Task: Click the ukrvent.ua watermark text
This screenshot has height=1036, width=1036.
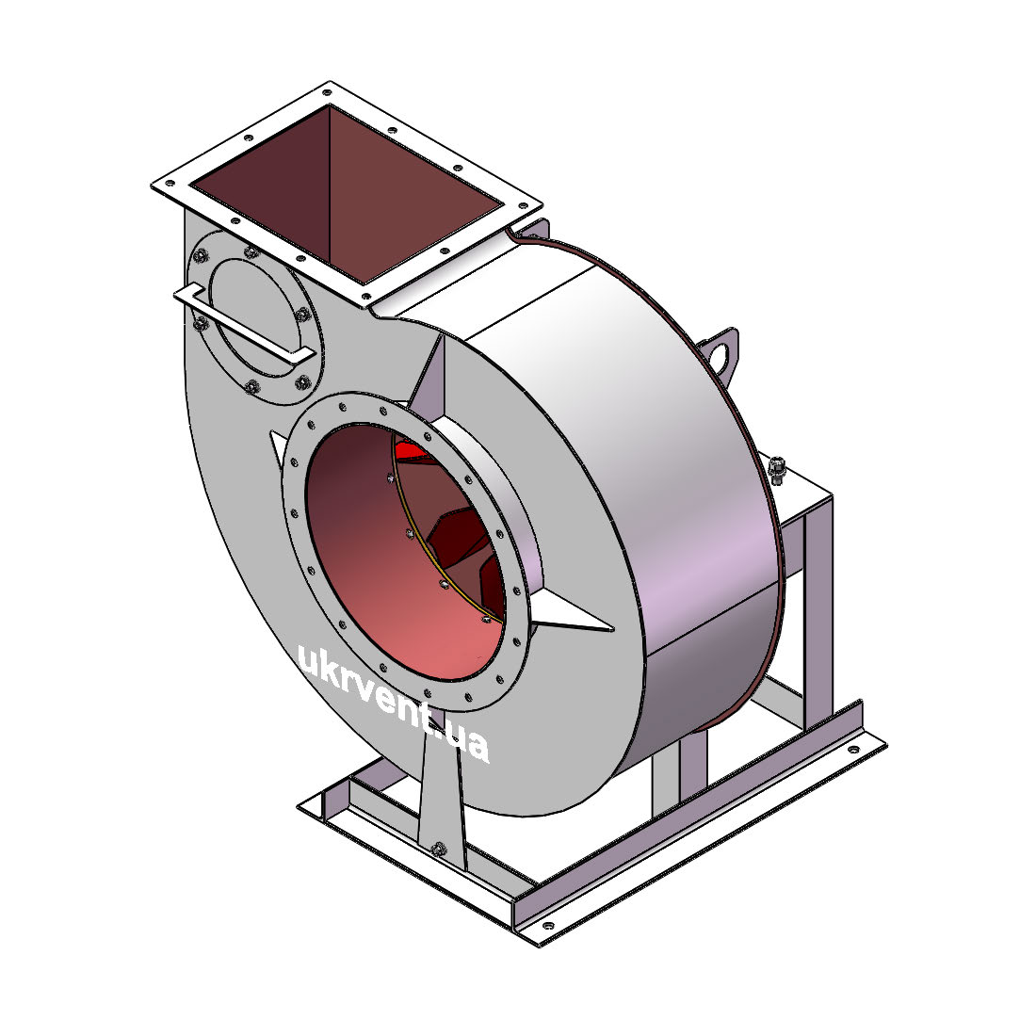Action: tap(394, 703)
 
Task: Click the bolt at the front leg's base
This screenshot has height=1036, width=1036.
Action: tap(437, 849)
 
